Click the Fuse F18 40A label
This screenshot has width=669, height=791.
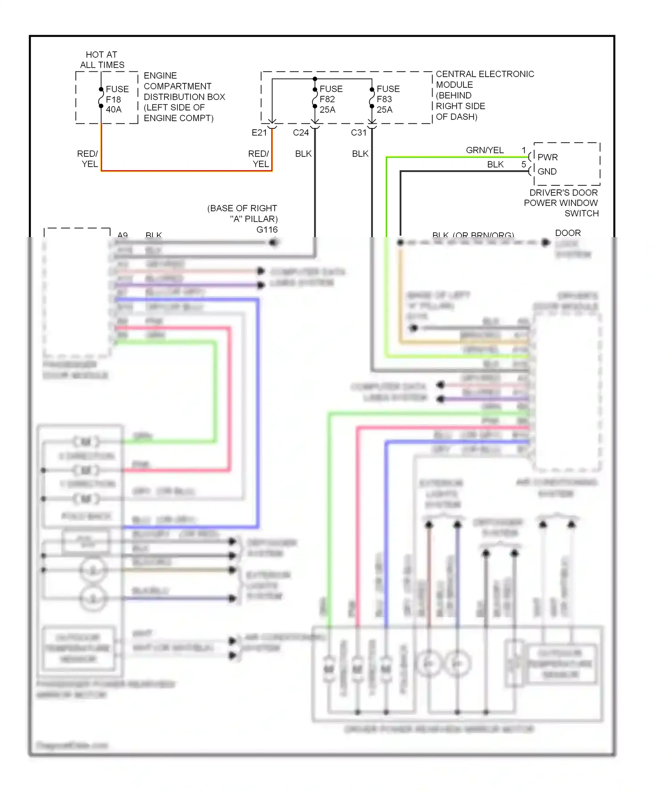117,99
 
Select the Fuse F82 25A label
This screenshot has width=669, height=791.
330,99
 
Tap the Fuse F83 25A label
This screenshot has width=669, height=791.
388,99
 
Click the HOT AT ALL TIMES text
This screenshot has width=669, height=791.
102,60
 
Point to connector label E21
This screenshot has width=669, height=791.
259,132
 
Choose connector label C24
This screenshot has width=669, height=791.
301,132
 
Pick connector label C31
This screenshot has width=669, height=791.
359,132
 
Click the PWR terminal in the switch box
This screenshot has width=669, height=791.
547,157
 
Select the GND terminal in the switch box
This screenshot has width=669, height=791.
547,172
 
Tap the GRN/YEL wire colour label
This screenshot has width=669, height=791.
484,150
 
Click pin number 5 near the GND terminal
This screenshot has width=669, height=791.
524,164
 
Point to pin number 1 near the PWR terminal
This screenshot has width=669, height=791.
524,150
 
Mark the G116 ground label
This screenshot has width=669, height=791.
267,230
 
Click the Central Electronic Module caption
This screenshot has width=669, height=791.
484,95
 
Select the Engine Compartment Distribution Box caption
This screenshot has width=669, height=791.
184,97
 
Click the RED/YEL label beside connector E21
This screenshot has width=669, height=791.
259,159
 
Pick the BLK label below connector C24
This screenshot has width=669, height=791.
303,154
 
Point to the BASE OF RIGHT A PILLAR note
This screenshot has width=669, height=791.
243,213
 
